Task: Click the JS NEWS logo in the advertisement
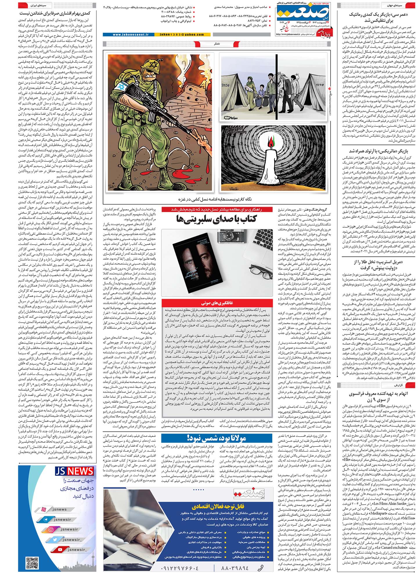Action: tap(75, 471)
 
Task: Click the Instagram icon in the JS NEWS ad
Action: tap(51, 529)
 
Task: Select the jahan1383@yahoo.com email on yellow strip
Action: tap(182, 35)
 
